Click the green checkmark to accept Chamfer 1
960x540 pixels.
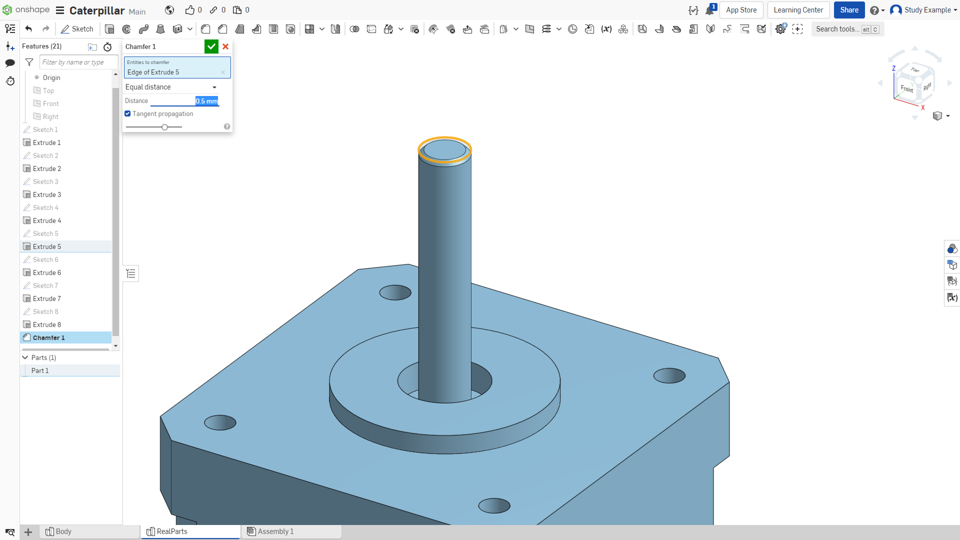coord(211,46)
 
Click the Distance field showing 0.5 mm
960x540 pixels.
coord(184,101)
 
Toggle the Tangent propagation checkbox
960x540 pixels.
coord(127,114)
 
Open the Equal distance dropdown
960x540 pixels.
coord(171,87)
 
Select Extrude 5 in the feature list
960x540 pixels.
coord(47,246)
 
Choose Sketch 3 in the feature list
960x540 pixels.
coord(45,181)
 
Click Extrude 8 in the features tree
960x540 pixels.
coord(47,324)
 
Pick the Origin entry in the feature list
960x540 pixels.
coord(51,77)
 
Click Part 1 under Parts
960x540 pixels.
coord(40,370)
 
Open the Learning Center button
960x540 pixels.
coord(798,10)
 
